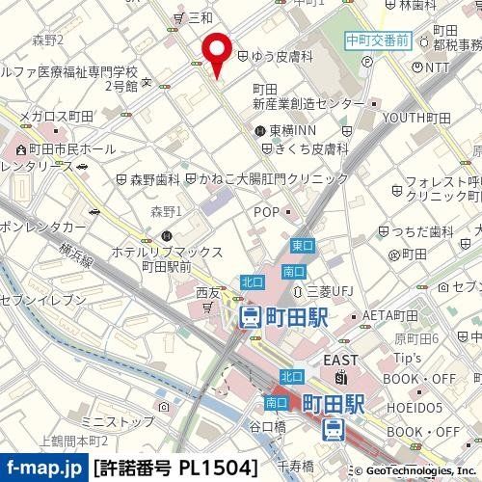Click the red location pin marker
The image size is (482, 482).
(x=215, y=53)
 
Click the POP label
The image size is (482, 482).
(x=267, y=211)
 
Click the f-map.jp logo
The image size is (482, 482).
(x=43, y=469)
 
